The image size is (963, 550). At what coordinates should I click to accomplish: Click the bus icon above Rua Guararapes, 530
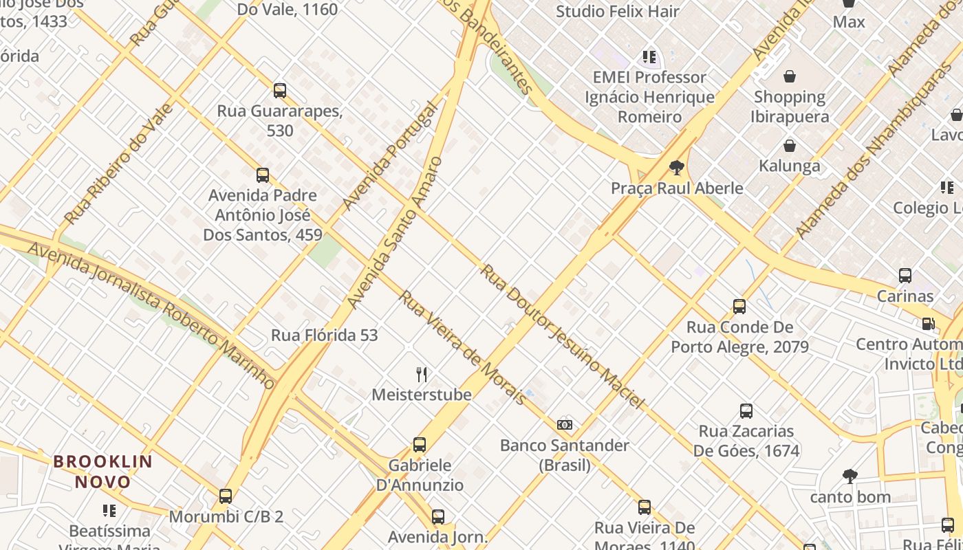click(280, 90)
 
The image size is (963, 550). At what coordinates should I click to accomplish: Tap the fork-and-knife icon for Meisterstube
click(422, 374)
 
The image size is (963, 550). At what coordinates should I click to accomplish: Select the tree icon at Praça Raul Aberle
click(677, 167)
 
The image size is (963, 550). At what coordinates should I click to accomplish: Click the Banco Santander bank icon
click(565, 425)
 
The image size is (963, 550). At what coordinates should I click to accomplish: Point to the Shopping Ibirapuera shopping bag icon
click(790, 76)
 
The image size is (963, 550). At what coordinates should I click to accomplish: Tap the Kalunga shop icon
click(790, 145)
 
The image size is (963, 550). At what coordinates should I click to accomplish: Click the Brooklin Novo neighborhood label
click(102, 472)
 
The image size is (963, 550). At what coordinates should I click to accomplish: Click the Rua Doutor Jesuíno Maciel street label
click(562, 336)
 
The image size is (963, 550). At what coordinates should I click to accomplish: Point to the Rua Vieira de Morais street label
click(462, 347)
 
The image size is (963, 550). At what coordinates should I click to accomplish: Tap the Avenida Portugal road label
click(389, 157)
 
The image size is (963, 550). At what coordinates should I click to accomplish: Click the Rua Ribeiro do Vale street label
click(118, 164)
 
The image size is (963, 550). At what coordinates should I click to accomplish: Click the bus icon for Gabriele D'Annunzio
click(420, 445)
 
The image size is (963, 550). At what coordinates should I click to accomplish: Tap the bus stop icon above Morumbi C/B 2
click(226, 496)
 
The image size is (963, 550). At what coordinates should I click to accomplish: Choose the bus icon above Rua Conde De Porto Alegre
click(739, 307)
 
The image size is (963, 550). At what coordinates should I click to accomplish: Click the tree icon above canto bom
click(850, 476)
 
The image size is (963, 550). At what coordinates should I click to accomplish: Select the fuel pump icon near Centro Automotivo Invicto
click(928, 323)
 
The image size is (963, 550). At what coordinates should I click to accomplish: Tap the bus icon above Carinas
click(905, 276)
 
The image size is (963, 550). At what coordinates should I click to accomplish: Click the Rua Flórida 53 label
click(325, 335)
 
